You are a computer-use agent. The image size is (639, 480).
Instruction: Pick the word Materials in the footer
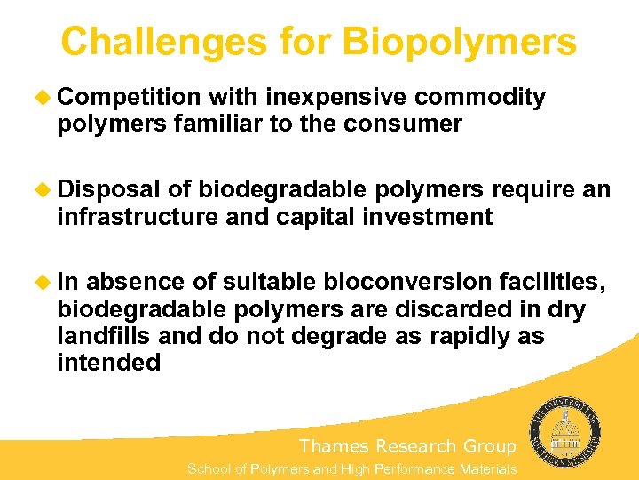pyautogui.click(x=487, y=468)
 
